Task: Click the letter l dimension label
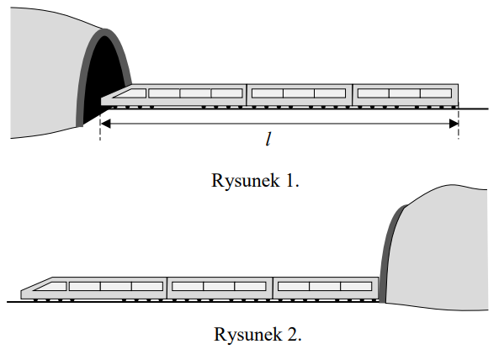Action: point(268,140)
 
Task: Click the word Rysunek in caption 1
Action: point(246,181)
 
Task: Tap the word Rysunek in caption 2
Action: point(248,334)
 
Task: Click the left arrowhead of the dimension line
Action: point(106,124)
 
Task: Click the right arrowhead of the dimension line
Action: point(454,124)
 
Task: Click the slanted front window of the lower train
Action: point(51,286)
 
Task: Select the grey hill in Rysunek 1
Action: point(48,73)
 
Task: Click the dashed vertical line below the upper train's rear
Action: point(459,123)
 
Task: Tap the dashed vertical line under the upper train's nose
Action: point(100,124)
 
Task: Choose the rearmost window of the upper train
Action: point(436,93)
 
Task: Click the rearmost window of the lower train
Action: point(356,286)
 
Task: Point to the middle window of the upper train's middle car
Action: point(299,93)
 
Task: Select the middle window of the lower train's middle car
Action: point(219,286)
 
